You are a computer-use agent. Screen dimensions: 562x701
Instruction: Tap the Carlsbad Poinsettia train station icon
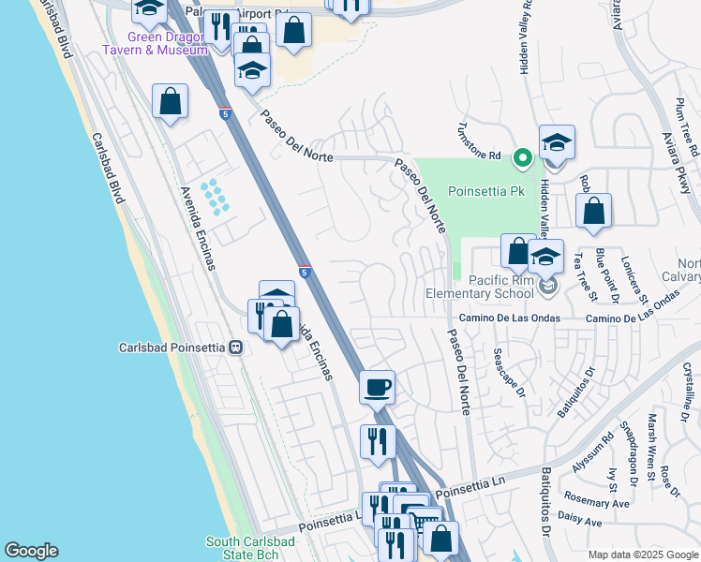[x=235, y=347]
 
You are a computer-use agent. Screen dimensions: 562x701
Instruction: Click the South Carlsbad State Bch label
[x=251, y=548]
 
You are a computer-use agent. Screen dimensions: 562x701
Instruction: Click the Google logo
[x=31, y=551]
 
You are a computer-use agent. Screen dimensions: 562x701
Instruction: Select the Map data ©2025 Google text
[x=643, y=555]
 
